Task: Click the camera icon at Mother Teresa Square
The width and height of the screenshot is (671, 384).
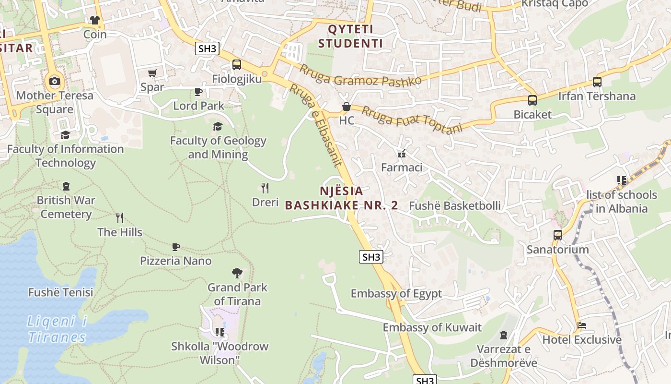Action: click(55, 81)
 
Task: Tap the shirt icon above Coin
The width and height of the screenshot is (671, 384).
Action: click(95, 20)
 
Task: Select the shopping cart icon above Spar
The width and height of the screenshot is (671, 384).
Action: click(152, 73)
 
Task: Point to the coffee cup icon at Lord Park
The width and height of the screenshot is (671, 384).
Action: click(198, 92)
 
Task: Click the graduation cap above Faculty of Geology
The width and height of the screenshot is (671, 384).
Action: click(218, 126)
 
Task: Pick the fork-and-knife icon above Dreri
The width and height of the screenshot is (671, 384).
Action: click(265, 188)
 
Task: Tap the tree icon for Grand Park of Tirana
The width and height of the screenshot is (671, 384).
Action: click(237, 273)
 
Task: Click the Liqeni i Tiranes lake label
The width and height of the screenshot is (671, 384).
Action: click(57, 329)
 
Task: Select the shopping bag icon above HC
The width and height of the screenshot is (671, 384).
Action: click(346, 107)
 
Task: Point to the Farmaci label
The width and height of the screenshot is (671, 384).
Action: click(402, 168)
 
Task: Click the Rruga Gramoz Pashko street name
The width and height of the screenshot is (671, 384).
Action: click(360, 75)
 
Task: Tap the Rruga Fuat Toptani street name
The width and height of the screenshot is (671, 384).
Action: click(412, 120)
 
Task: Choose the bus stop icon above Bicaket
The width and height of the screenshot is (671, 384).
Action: click(532, 100)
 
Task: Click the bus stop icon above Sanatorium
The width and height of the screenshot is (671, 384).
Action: click(557, 235)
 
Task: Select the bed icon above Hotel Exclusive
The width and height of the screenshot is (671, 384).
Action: click(582, 325)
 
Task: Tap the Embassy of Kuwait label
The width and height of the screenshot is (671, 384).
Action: click(432, 328)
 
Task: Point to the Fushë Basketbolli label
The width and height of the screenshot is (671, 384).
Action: click(454, 206)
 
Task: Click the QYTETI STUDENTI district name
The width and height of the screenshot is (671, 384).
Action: click(350, 36)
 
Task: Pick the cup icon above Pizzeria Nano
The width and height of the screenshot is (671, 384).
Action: click(176, 247)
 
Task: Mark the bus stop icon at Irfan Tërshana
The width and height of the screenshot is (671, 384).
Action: click(597, 82)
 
